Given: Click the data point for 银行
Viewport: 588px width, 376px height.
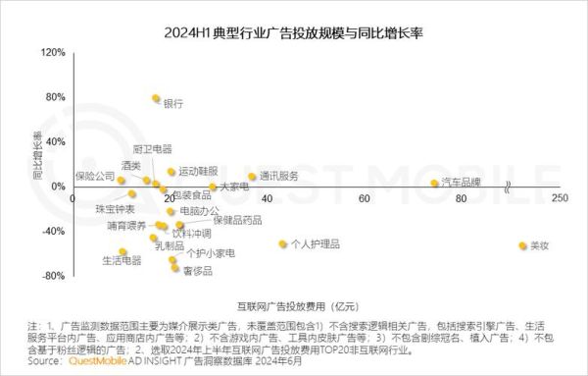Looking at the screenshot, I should tap(156, 98).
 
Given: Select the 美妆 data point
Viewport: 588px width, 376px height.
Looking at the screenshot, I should tap(522, 245).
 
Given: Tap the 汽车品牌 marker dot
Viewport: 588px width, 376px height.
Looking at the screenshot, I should tap(434, 183).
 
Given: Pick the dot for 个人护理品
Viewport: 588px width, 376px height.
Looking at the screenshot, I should tap(283, 243).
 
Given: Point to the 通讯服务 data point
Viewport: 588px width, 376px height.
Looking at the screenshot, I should tap(252, 177).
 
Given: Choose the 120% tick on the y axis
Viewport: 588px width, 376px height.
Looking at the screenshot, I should tap(51, 52).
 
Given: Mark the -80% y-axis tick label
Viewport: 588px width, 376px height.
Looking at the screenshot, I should tap(51, 276).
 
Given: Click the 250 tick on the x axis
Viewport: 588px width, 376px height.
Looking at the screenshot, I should tap(560, 198).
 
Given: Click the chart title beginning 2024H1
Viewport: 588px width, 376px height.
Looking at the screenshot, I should tap(294, 32).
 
